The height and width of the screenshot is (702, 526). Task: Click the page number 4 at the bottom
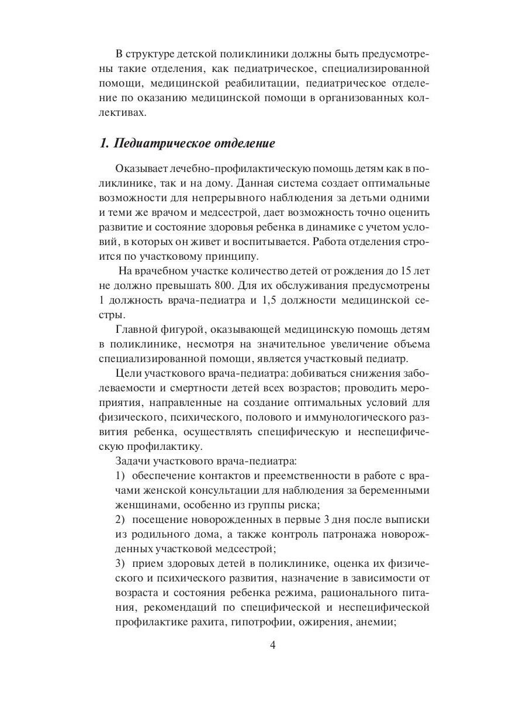263,646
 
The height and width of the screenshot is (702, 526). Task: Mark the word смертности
175,388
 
